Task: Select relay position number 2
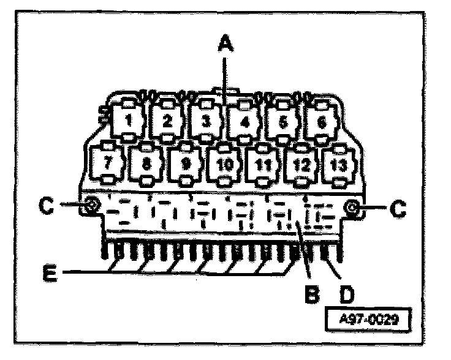click(x=166, y=120)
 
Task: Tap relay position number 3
click(x=206, y=120)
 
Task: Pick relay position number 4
click(x=244, y=121)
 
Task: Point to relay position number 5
click(x=282, y=121)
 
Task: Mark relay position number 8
click(x=147, y=164)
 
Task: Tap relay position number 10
click(x=225, y=164)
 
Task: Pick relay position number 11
click(x=263, y=164)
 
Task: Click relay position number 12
click(x=302, y=164)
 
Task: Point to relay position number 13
click(x=339, y=163)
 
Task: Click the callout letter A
click(x=226, y=42)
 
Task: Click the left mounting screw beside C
click(x=89, y=206)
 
